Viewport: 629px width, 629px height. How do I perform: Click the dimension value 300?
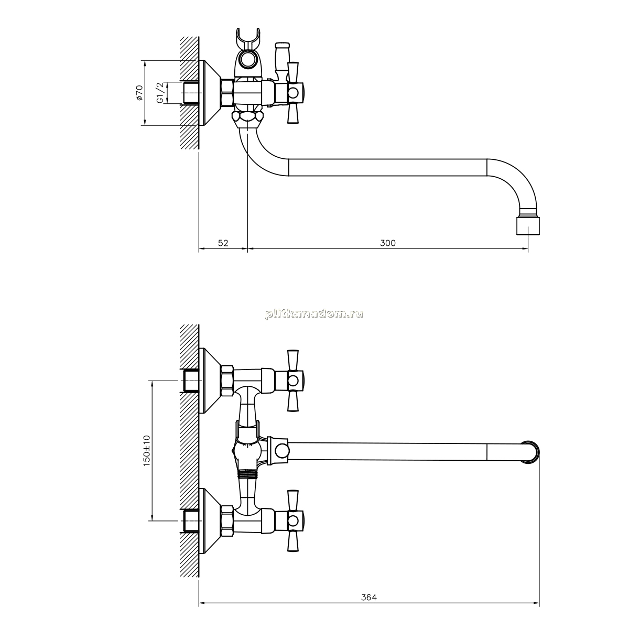tap(387, 243)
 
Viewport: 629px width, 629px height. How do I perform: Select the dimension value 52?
tap(223, 243)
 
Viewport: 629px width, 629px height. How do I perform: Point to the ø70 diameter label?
tap(139, 92)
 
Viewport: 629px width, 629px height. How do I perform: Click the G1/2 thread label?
tap(160, 93)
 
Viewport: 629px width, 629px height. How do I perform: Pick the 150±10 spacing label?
tap(147, 450)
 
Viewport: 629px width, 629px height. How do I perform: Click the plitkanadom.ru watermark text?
tap(314, 313)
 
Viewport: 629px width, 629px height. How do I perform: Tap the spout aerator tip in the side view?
tap(528, 226)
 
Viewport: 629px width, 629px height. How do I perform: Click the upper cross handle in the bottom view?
tap(293, 381)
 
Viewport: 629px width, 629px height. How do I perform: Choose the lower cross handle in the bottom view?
tap(293, 520)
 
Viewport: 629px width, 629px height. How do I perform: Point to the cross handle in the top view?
tap(293, 93)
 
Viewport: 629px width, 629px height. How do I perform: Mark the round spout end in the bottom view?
tap(530, 452)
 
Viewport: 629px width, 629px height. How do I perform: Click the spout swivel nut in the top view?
tap(248, 119)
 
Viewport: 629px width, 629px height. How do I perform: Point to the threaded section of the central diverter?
tap(248, 474)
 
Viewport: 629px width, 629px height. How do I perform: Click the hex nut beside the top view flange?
tap(227, 93)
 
